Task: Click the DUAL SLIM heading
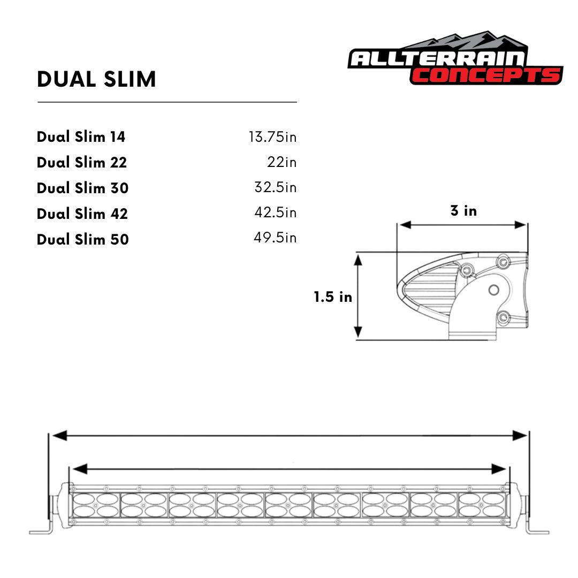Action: pos(96,79)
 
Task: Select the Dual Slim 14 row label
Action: pos(81,137)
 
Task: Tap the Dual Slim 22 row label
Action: pos(82,162)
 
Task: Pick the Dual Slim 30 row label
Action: pos(82,188)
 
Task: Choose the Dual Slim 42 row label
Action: pos(82,214)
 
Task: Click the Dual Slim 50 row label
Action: pos(83,239)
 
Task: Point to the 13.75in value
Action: pos(272,137)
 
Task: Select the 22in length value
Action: pos(282,162)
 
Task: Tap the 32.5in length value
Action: pos(275,188)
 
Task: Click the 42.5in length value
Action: pos(275,213)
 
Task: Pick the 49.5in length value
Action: pos(275,238)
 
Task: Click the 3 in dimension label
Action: pos(463,211)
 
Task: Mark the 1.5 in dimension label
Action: pos(333,296)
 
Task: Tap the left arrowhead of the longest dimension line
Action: pos(59,436)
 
